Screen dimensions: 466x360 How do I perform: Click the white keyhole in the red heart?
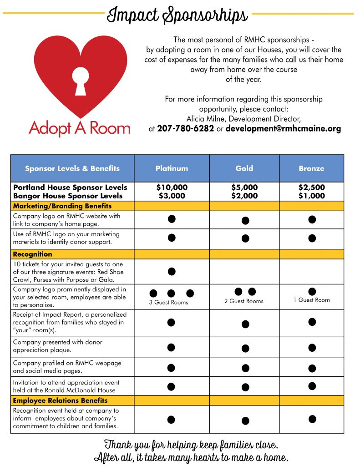(x=81, y=80)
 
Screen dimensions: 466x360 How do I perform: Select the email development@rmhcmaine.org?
(x=283, y=129)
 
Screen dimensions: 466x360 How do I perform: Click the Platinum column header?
(x=172, y=168)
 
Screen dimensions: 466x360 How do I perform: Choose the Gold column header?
(x=244, y=168)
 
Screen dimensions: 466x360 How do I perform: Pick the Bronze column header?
(x=311, y=168)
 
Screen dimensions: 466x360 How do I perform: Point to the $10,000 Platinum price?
(x=172, y=187)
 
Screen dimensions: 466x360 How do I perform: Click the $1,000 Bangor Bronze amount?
(x=311, y=196)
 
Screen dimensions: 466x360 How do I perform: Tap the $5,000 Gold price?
(x=244, y=187)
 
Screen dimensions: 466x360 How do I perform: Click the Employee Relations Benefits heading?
(x=60, y=400)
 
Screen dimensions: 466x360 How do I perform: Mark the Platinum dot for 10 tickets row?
(x=172, y=272)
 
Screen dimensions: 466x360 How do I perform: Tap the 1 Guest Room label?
(x=312, y=300)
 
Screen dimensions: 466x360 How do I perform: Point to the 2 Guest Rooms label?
(x=244, y=301)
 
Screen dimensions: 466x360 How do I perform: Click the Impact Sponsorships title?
(x=177, y=15)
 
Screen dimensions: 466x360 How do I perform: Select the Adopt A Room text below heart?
(x=80, y=128)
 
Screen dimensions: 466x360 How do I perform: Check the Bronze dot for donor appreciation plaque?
(x=312, y=348)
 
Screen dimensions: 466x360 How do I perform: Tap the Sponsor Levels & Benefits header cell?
(x=72, y=168)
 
